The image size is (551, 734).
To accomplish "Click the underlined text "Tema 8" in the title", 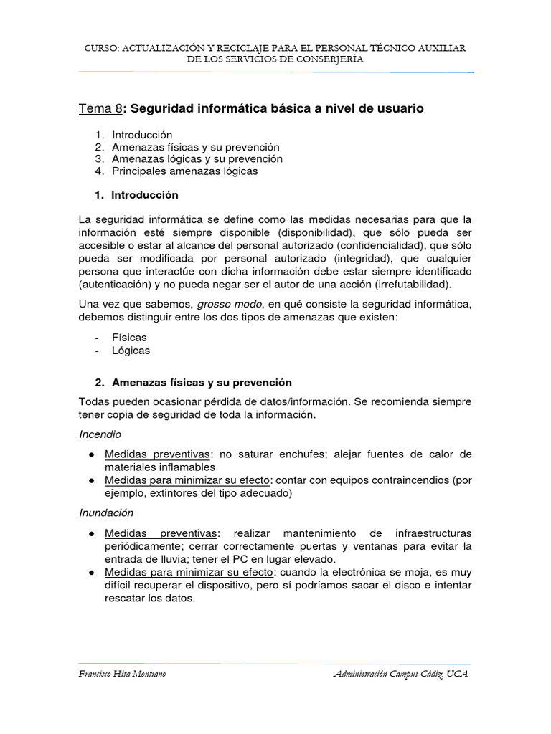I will [x=100, y=108].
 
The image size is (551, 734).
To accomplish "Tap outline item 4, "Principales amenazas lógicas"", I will [x=184, y=171].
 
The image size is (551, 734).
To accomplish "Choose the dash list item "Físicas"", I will [x=129, y=337].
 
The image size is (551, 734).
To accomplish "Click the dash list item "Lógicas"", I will [x=131, y=351].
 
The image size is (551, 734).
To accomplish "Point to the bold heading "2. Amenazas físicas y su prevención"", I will [x=202, y=382].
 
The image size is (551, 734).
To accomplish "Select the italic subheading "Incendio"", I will [x=100, y=434].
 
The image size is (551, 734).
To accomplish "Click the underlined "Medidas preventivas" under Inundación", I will [x=160, y=533].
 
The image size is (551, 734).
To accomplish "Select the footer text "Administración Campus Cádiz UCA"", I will [x=401, y=675].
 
